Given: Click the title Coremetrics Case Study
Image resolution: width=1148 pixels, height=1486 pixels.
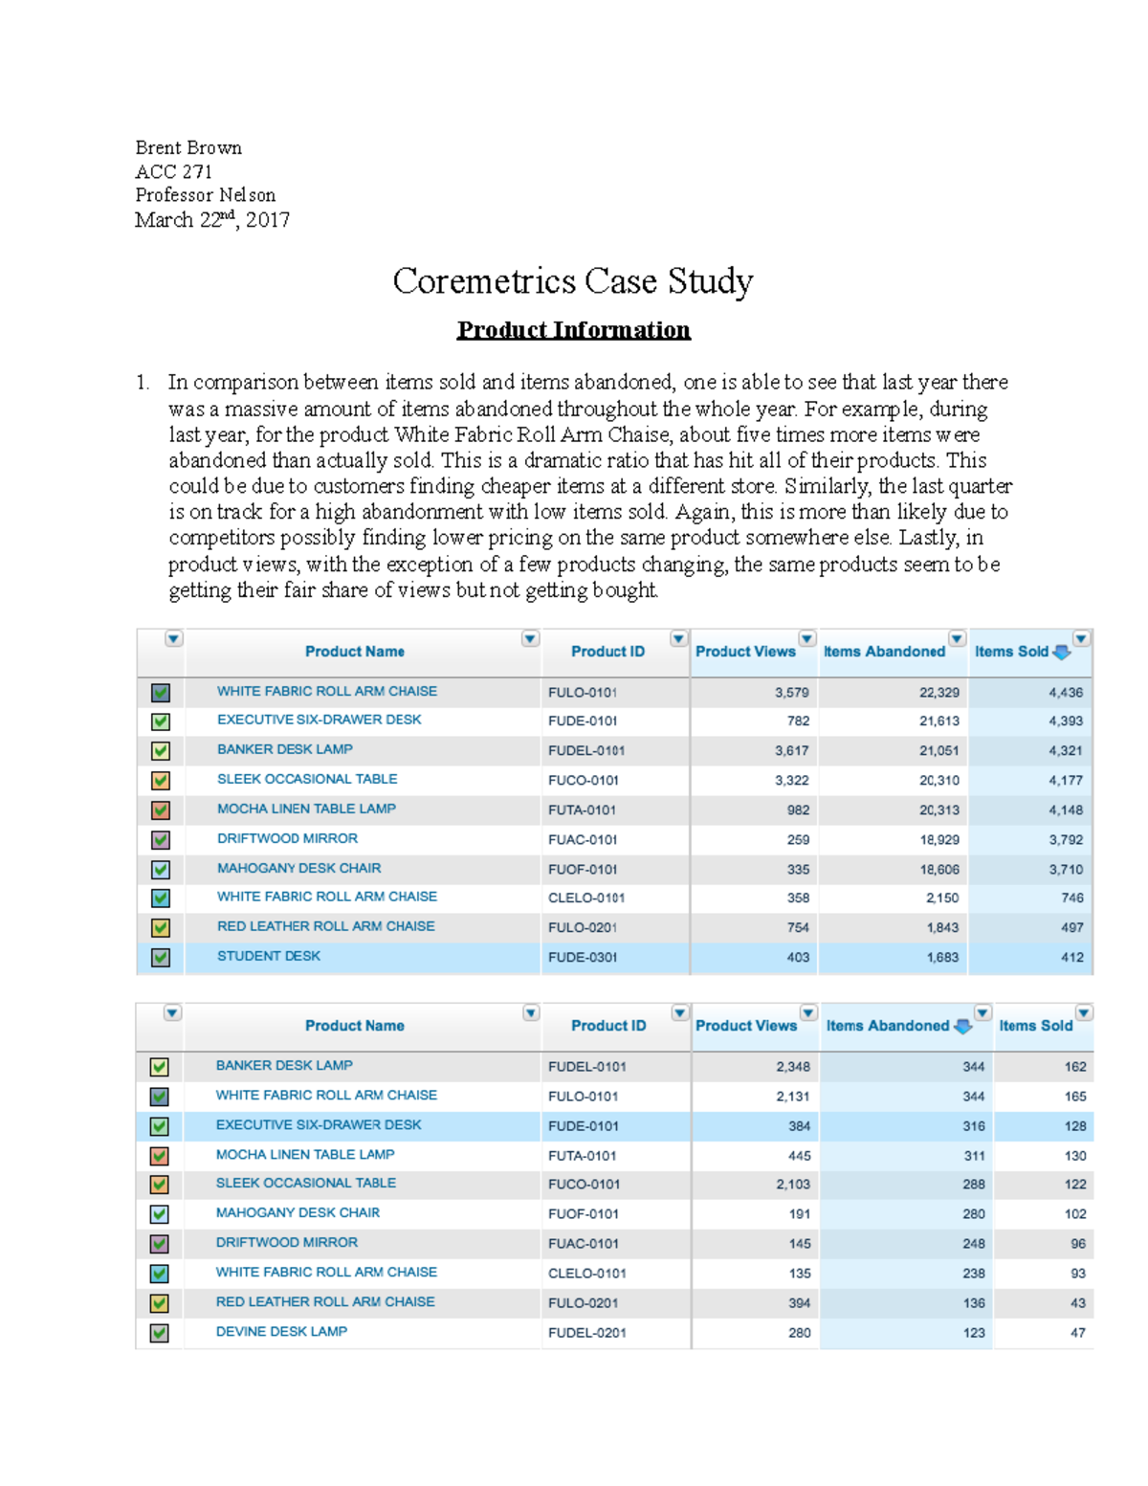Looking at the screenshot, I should [572, 281].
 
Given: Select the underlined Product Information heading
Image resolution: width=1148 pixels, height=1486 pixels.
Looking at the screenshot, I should [573, 330].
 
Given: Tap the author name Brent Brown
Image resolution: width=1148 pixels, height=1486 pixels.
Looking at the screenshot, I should [188, 147].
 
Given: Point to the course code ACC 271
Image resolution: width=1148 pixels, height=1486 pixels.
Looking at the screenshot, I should [173, 171].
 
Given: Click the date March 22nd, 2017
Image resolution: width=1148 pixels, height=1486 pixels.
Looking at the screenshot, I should [211, 220].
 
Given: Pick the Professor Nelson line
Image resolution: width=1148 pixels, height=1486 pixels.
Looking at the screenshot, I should [205, 195].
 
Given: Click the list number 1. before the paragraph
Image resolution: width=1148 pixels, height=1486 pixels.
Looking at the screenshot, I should [143, 383].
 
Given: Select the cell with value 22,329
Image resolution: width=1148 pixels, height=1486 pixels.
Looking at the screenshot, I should [938, 693].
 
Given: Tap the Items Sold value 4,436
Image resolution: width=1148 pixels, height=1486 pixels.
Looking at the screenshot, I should [1065, 693].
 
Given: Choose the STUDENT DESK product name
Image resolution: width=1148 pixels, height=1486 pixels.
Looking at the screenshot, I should [269, 956].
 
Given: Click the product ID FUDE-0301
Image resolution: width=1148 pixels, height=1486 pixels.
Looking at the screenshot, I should [583, 957].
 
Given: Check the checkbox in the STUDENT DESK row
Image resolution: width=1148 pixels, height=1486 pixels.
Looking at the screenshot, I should [161, 957].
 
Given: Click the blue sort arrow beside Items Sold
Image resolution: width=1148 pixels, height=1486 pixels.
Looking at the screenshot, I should [1061, 653].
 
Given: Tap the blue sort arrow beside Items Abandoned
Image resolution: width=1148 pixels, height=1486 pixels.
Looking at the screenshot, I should [962, 1027].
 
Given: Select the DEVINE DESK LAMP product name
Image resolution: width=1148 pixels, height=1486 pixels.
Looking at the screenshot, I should [281, 1331].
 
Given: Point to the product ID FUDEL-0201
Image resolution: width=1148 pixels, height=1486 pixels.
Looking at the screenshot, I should [586, 1333].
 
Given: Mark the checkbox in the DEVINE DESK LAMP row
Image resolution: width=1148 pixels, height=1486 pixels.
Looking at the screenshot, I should [160, 1333].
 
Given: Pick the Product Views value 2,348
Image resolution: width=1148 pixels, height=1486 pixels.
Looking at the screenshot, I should [793, 1067].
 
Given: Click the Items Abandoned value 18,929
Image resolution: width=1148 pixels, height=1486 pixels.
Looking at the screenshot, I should [938, 840].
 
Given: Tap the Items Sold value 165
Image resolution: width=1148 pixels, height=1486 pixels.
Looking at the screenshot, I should [1074, 1097].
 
